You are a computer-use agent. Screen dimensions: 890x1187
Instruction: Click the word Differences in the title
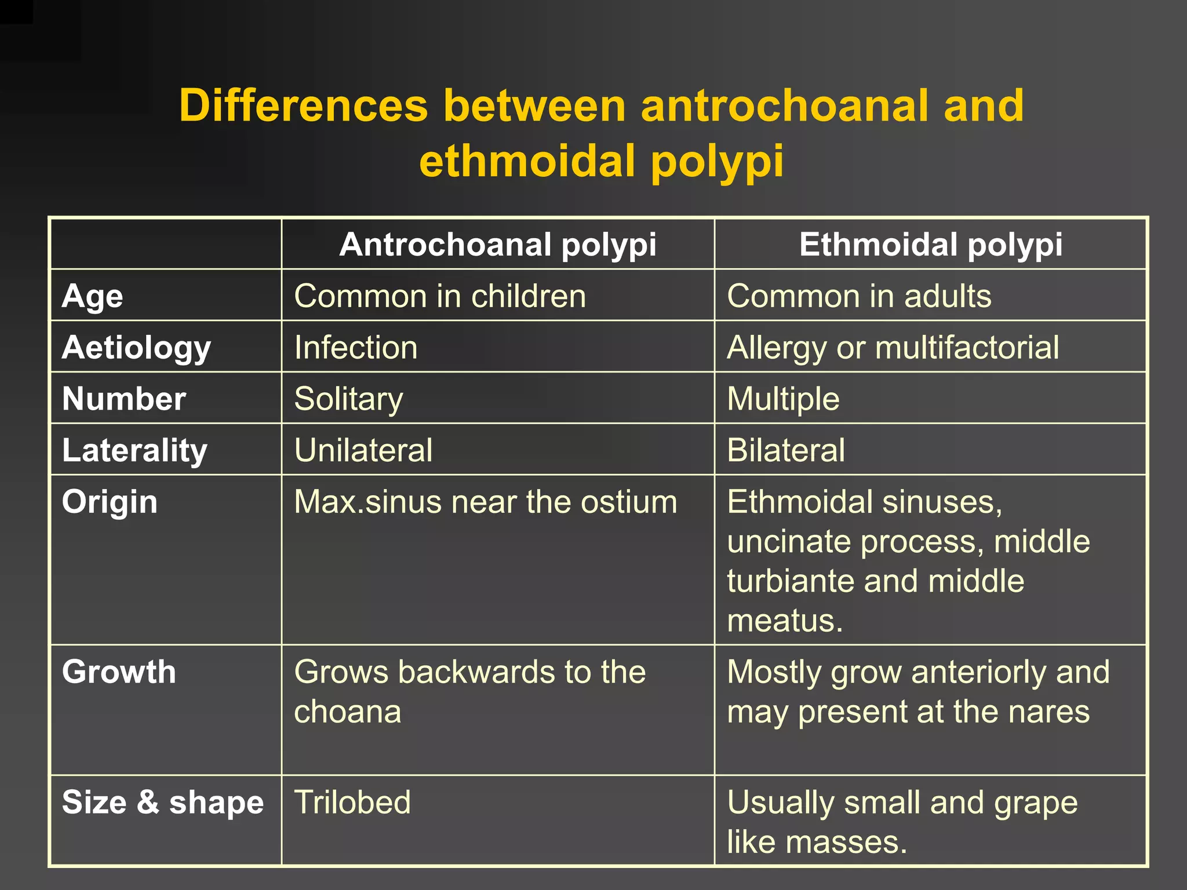[x=303, y=105]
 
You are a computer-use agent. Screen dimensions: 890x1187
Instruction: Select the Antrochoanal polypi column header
[x=498, y=245]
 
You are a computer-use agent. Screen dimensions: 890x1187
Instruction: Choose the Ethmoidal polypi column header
[x=931, y=245]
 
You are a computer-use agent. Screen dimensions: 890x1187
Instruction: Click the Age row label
[x=93, y=296]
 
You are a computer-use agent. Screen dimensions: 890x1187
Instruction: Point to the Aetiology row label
[x=136, y=348]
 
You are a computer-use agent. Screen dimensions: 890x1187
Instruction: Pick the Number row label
[x=124, y=399]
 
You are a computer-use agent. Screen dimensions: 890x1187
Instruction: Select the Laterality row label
[x=134, y=450]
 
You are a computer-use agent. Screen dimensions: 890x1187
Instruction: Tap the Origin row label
[x=110, y=502]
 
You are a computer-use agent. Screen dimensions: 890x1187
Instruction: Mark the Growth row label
[x=119, y=672]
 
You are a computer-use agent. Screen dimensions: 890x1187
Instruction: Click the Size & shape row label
[x=163, y=803]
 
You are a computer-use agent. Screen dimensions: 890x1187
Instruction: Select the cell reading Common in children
[x=440, y=296]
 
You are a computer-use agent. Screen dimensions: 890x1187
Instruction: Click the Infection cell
[x=356, y=348]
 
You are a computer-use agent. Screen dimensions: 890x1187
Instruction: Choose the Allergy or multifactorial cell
[x=893, y=348]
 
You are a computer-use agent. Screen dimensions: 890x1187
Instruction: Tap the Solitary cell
[x=348, y=399]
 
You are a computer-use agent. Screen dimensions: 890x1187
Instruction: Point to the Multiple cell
[x=783, y=399]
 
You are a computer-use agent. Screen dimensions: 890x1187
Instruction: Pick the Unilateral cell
[x=363, y=450]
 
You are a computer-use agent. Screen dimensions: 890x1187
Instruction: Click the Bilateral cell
[x=786, y=450]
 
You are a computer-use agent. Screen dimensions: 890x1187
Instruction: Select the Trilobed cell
[x=352, y=803]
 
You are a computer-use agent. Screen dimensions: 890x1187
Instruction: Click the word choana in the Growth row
[x=348, y=712]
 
